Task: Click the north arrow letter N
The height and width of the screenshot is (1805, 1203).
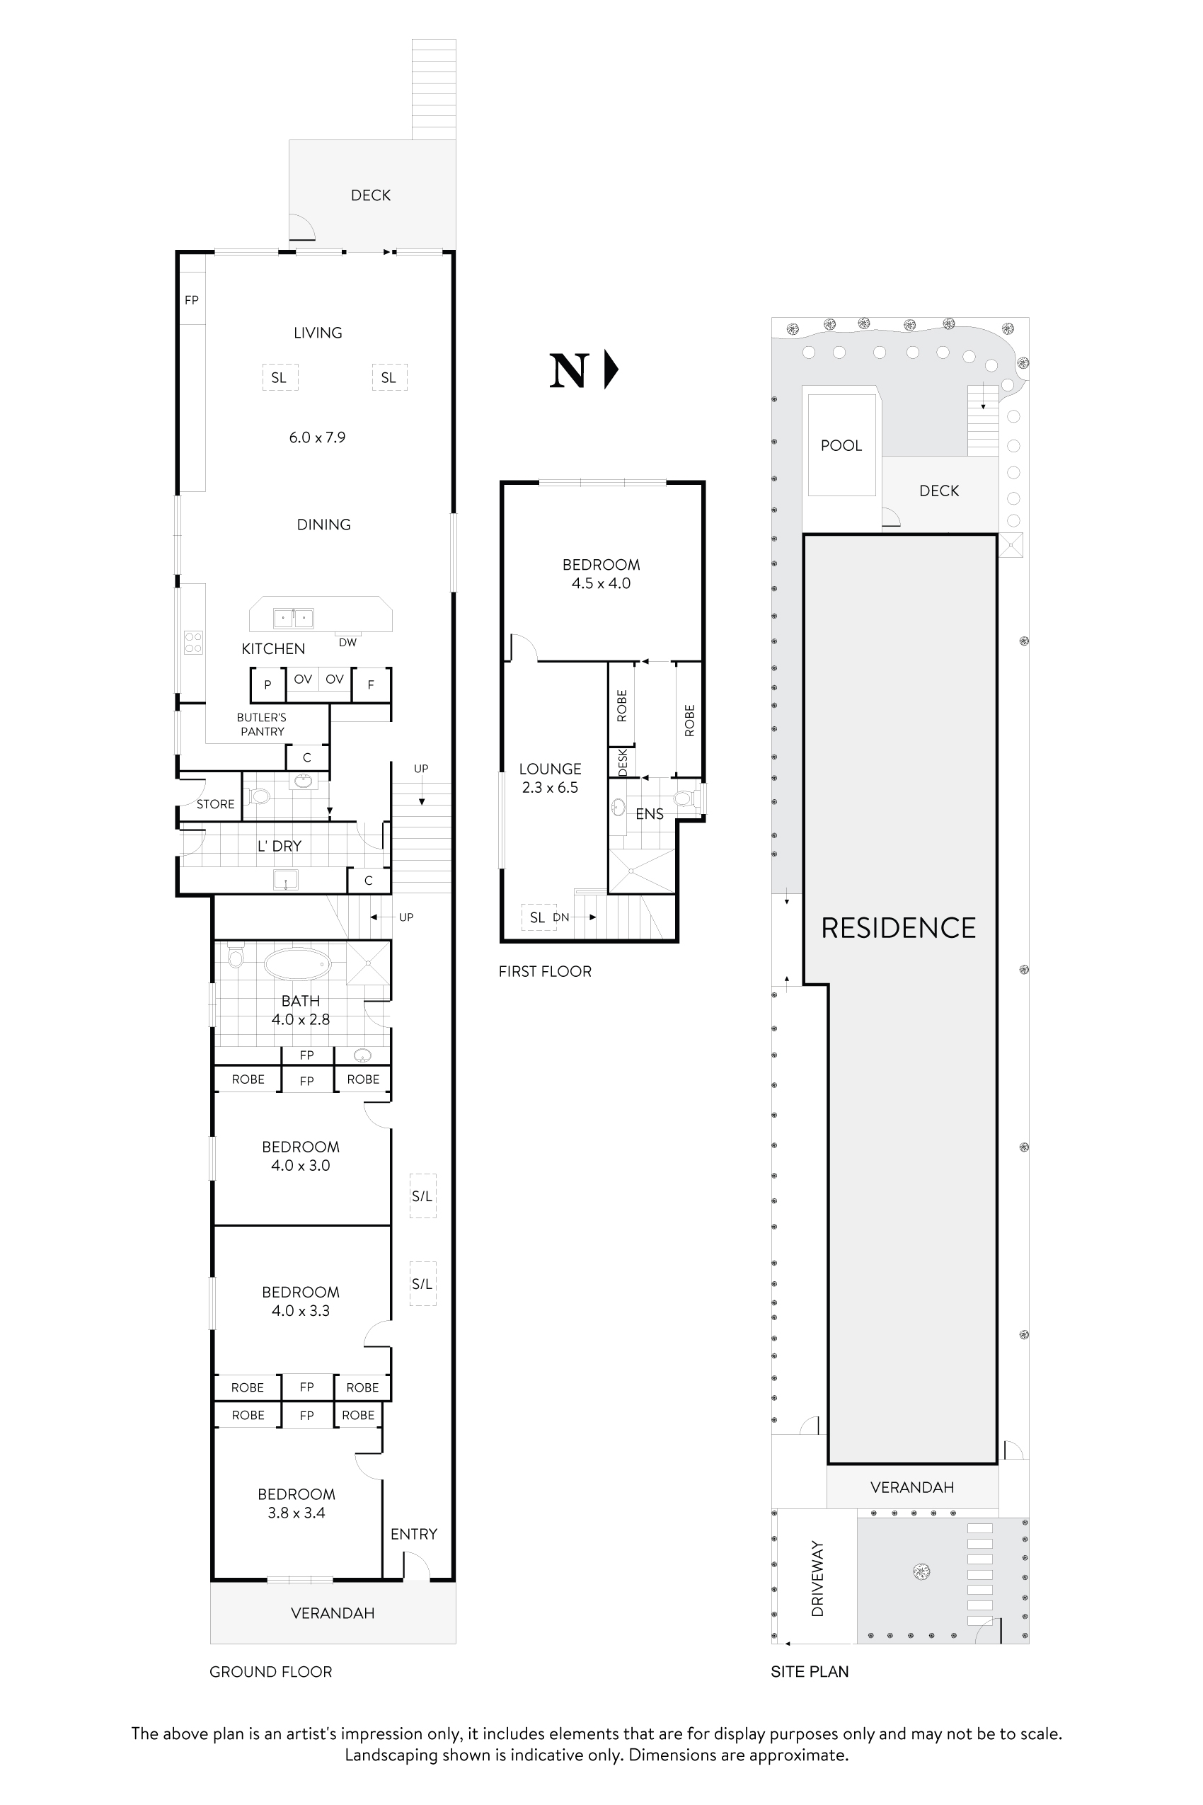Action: tap(568, 372)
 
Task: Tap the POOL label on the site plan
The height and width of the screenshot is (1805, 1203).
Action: tap(841, 446)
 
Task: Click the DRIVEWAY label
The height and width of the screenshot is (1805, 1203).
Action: tap(817, 1578)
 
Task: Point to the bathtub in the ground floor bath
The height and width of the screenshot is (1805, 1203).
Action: tap(298, 964)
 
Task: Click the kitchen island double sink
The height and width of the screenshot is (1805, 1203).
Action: tap(294, 617)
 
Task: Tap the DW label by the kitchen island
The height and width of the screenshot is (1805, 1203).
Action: tap(347, 642)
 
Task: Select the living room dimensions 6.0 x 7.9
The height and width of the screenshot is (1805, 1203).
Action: tap(317, 437)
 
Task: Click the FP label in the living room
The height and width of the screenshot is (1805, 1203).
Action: tap(192, 300)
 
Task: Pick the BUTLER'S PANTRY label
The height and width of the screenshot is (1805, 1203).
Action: tap(262, 724)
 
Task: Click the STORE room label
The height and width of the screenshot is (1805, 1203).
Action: tap(216, 804)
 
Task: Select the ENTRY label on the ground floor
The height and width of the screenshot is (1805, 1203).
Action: tap(413, 1533)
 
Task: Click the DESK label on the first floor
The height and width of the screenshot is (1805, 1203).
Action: tap(622, 762)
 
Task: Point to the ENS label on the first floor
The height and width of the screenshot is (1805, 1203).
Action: tap(649, 813)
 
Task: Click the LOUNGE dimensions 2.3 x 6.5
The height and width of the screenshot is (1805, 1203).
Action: tap(550, 787)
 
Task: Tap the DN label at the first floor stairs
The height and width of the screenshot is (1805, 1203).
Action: tap(561, 917)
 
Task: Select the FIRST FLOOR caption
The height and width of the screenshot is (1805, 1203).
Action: tap(545, 972)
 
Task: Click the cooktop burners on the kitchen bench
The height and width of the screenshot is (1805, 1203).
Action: tap(193, 642)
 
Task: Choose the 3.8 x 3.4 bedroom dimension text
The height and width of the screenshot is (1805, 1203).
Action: tap(296, 1513)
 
